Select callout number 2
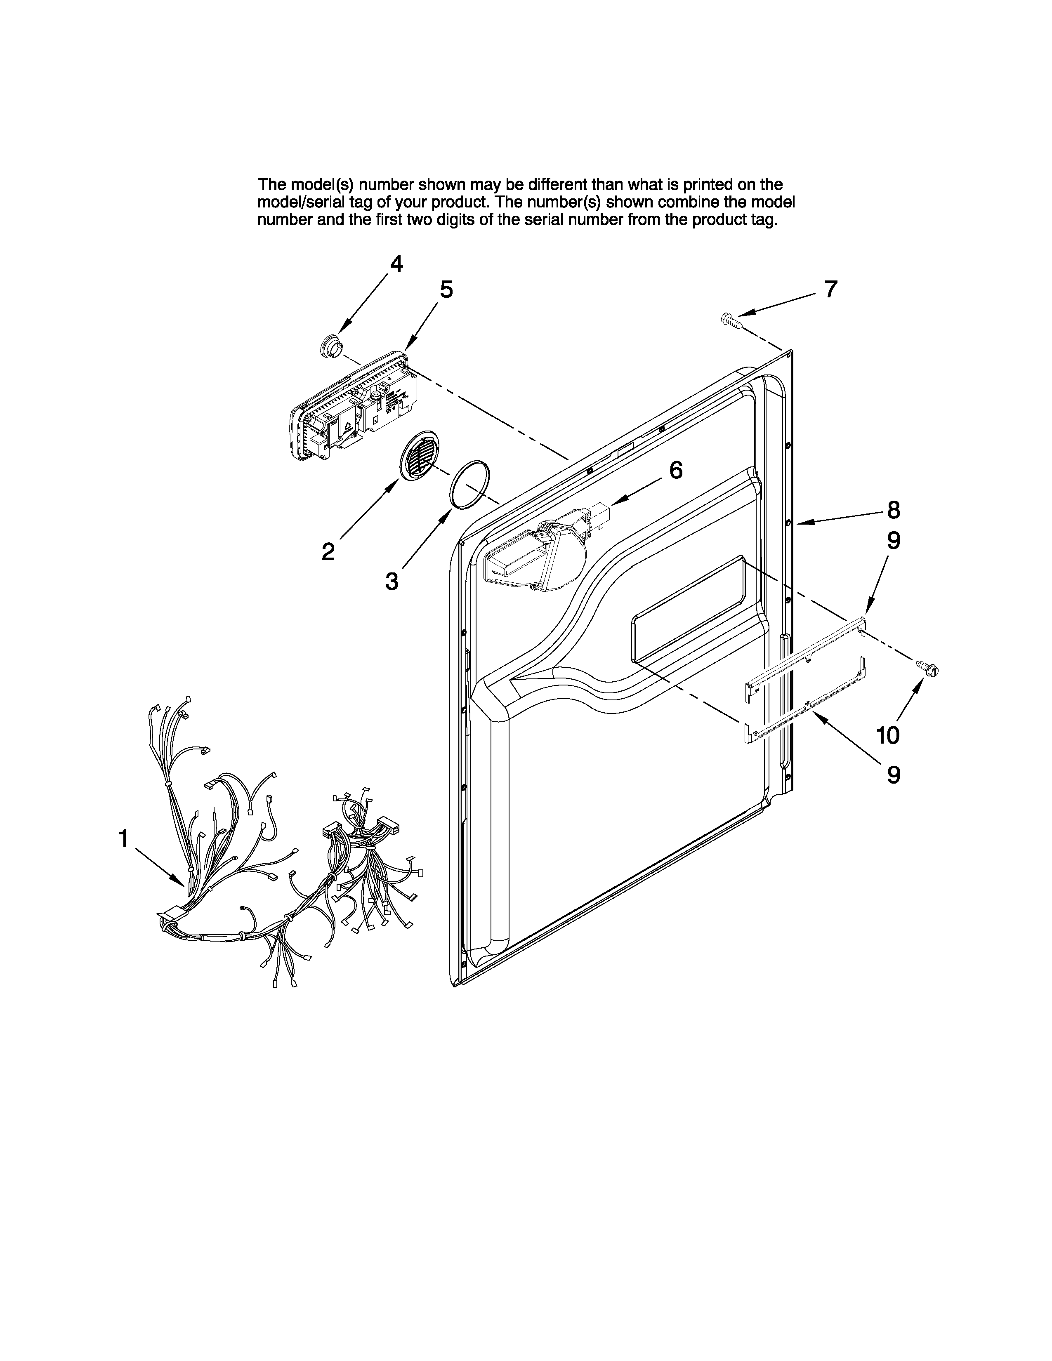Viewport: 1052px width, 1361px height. click(x=328, y=551)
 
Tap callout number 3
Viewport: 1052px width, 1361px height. click(x=392, y=582)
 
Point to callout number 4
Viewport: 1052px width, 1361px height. click(x=396, y=264)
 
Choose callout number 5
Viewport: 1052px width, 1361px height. click(x=446, y=290)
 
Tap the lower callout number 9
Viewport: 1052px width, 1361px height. click(x=894, y=775)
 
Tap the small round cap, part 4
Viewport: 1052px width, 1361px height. click(x=331, y=346)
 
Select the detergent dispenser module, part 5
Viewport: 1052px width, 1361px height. click(x=349, y=408)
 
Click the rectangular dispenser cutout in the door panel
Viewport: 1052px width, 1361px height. click(x=689, y=608)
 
